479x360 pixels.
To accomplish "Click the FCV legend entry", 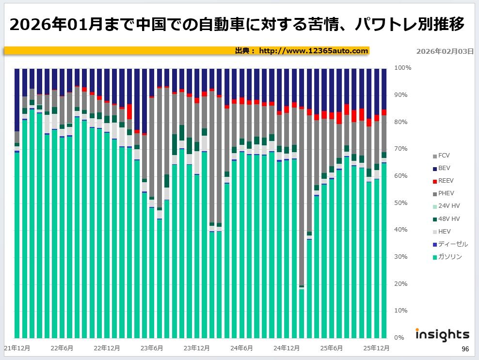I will click(x=444, y=156).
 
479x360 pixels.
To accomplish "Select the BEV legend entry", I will click(x=444, y=169).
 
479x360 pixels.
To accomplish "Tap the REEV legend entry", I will click(x=445, y=181).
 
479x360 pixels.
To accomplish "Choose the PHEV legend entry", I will click(x=445, y=194).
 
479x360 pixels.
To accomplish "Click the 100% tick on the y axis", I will click(x=403, y=68).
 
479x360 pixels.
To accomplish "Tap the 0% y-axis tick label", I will click(x=399, y=338).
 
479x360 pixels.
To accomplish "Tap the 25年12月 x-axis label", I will click(x=376, y=348).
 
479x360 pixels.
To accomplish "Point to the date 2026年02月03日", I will click(x=445, y=51).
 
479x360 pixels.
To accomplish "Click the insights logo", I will click(x=442, y=334).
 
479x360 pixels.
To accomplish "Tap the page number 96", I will click(x=465, y=349).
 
